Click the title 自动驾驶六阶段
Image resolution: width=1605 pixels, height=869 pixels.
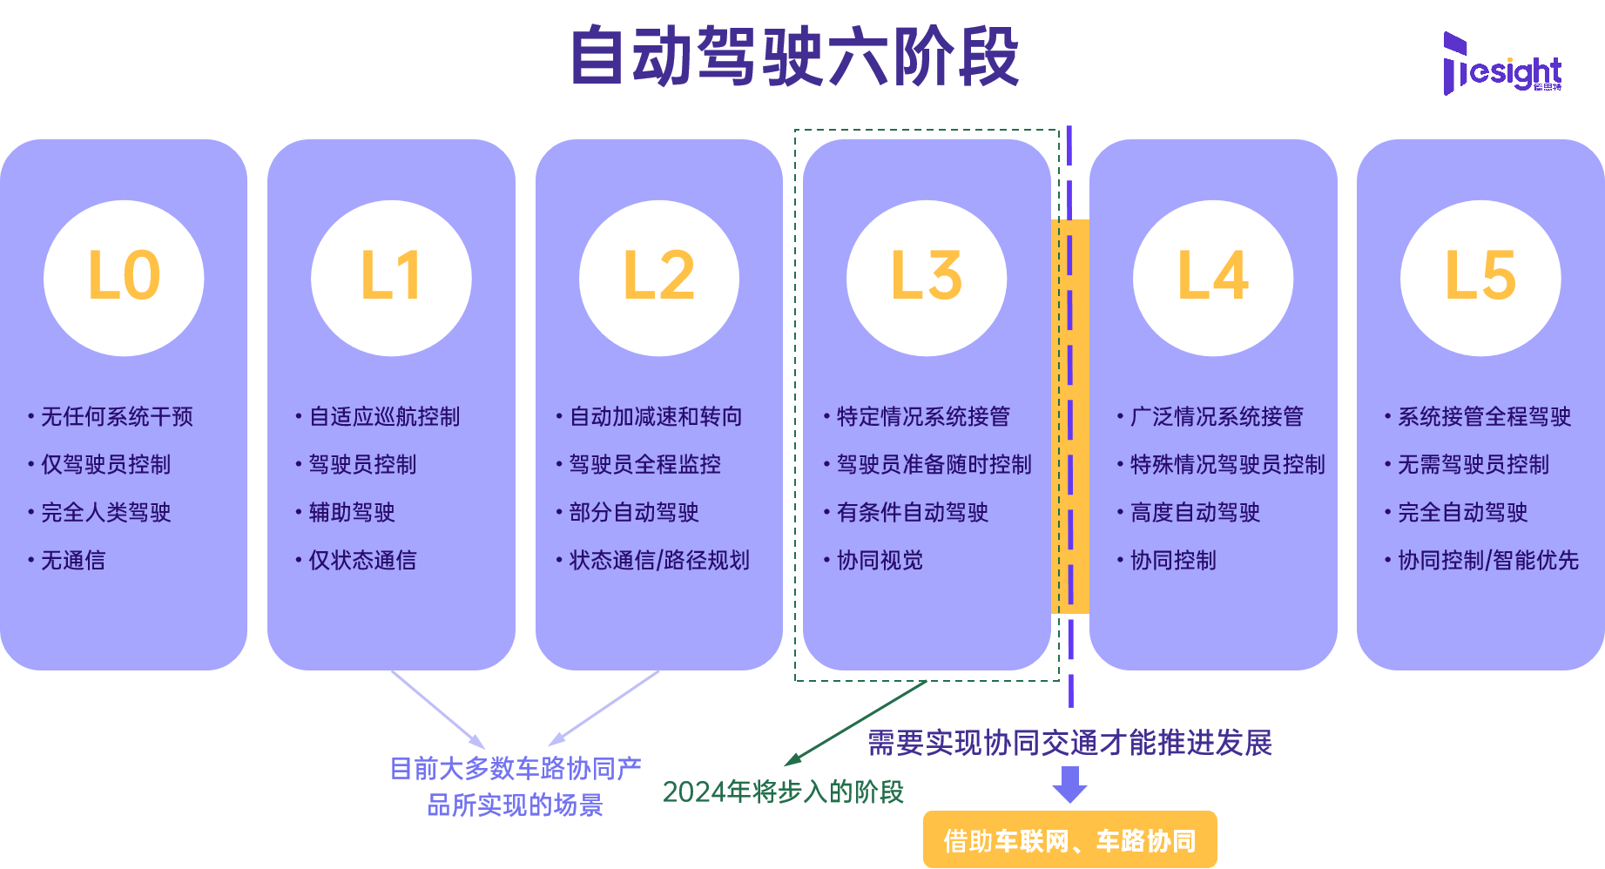[x=794, y=57]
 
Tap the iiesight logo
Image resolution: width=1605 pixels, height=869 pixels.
[x=1502, y=65]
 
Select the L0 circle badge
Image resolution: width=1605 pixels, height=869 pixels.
[x=124, y=277]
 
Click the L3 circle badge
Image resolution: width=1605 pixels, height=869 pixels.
[x=926, y=277]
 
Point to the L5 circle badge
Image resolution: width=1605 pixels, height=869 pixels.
[x=1480, y=277]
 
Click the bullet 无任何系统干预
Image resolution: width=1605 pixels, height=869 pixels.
[x=116, y=417]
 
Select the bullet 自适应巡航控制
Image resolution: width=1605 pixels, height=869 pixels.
[x=383, y=417]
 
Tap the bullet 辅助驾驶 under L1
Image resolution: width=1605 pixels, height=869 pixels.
[x=351, y=513]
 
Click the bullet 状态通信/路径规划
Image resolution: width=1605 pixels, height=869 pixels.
[x=658, y=561]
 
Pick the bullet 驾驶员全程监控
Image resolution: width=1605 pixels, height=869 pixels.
[x=644, y=465]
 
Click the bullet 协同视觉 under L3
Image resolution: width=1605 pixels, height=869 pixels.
[x=879, y=561]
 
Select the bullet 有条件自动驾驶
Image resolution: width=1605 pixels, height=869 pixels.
[x=912, y=513]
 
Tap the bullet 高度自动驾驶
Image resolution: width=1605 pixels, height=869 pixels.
[x=1194, y=513]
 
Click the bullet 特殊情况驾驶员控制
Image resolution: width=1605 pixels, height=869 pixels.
[x=1226, y=465]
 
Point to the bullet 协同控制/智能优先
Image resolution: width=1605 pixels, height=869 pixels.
[x=1487, y=561]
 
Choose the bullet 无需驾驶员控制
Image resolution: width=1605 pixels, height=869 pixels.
[x=1473, y=465]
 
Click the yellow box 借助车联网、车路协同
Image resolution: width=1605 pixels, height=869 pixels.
[x=1069, y=840]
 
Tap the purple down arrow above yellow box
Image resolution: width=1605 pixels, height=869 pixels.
[x=1069, y=784]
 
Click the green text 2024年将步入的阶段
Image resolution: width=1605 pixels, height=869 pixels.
[x=782, y=792]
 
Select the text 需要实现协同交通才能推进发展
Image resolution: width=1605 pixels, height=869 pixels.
[x=1069, y=743]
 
